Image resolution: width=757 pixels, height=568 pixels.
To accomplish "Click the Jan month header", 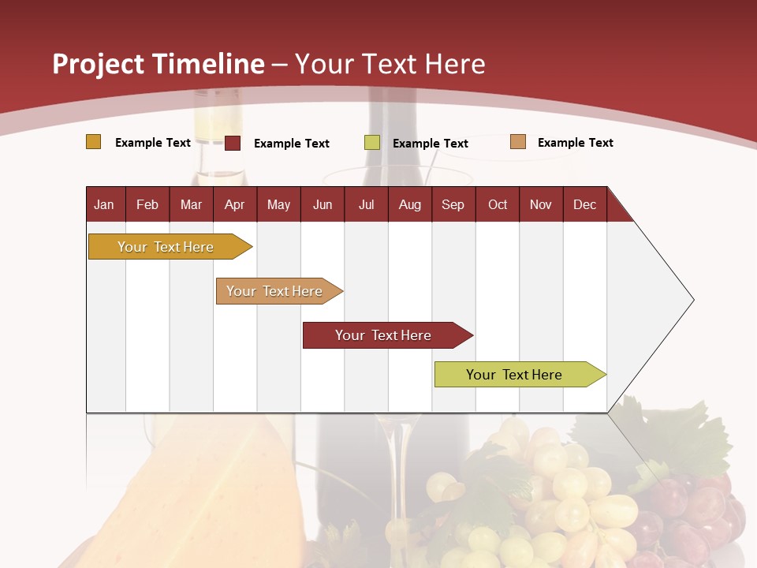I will point(104,204).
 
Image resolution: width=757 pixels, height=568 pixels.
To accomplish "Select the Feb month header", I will point(147,204).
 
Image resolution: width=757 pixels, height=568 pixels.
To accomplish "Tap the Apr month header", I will point(234,204).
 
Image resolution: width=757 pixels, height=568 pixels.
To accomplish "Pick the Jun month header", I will point(323,204).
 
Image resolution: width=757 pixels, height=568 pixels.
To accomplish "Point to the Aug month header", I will point(409,204).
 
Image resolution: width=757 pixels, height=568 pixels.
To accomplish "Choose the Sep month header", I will point(453,204).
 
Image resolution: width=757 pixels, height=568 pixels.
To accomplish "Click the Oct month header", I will point(498,204).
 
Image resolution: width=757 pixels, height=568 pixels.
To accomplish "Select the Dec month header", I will point(584,204).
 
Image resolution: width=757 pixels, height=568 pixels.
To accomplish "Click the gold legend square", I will point(94,142).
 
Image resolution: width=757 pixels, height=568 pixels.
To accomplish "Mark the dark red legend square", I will point(233,143).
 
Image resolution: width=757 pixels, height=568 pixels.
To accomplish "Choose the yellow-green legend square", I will point(372,143).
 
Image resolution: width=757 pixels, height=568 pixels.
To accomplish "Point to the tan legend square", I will point(518,142).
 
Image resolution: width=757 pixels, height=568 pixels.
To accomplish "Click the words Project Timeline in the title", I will point(158,64).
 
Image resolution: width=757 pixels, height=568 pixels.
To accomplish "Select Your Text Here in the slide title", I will point(390,64).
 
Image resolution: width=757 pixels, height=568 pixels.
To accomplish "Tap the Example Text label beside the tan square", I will point(575,143).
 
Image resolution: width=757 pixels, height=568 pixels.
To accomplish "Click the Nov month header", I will point(541,204).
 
